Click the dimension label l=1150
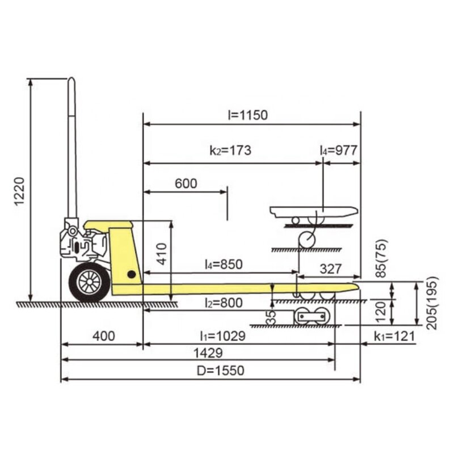tap(248, 115)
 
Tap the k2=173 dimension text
tap(230, 150)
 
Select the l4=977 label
tap(338, 150)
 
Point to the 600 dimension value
tap(186, 183)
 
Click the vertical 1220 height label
tap(20, 191)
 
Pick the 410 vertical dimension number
tap(162, 254)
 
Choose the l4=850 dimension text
tap(224, 264)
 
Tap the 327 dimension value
tap(331, 269)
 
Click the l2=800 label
tap(224, 303)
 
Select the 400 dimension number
tap(104, 336)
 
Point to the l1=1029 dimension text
tap(223, 336)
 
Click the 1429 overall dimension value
tap(208, 353)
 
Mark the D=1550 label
tap(221, 371)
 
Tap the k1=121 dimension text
tap(394, 336)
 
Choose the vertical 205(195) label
tap(432, 303)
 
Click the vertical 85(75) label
tap(381, 258)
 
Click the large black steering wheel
tap(90, 281)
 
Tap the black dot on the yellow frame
tap(132, 274)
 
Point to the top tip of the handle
tap(72, 78)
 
